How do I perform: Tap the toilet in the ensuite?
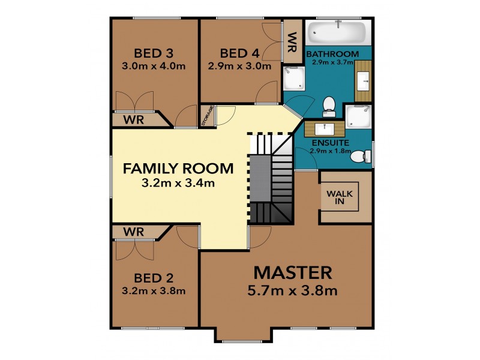coord(358,157)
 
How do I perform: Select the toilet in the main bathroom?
coord(329,106)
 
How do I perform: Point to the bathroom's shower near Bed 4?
coord(294,78)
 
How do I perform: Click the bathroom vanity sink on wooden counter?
coord(364,79)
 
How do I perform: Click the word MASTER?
coord(293,272)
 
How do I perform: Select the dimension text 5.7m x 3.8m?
coord(293,292)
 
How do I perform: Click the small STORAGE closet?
coord(207,116)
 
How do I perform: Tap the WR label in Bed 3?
coord(133,120)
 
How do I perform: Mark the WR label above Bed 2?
coord(133,230)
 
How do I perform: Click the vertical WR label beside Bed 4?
coord(292,42)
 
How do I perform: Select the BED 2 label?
coord(153,278)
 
